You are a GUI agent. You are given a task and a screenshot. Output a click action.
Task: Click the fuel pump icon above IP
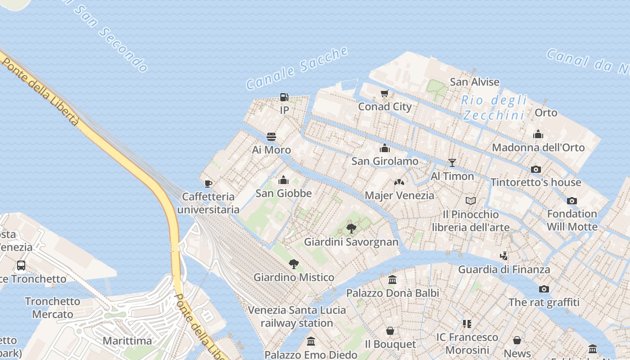tap(284, 97)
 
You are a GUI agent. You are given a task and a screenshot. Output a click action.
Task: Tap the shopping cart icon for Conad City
tap(384, 94)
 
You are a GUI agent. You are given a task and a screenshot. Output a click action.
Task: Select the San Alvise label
tap(475, 82)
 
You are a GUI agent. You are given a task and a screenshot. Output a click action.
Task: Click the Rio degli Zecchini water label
tap(494, 108)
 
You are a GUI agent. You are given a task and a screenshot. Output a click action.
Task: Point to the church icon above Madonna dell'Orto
tap(538, 134)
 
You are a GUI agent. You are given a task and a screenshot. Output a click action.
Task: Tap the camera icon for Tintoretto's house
tap(535, 169)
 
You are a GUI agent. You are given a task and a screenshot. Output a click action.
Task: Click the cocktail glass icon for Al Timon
tap(452, 163)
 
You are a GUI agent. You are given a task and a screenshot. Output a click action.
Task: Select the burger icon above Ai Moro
tap(271, 136)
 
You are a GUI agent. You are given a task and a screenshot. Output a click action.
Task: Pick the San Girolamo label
tap(385, 161)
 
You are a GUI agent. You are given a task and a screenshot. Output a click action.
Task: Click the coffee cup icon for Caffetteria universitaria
tap(208, 183)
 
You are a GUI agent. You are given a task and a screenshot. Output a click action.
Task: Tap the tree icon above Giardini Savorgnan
tap(351, 229)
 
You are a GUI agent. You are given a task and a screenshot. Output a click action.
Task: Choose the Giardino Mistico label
tap(294, 277)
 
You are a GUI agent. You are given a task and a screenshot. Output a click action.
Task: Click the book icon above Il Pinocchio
tap(471, 201)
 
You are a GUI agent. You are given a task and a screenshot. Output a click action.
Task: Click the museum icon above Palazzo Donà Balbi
tap(392, 279)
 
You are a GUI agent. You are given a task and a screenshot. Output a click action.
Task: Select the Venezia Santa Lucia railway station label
tap(297, 316)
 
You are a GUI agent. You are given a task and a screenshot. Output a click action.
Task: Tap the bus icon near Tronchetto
tap(21, 265)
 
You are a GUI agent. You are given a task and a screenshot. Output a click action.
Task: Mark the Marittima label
tap(127, 341)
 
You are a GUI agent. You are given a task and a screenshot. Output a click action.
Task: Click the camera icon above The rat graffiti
tap(544, 289)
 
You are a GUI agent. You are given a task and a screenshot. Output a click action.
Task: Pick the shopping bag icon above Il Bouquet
tap(390, 331)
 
